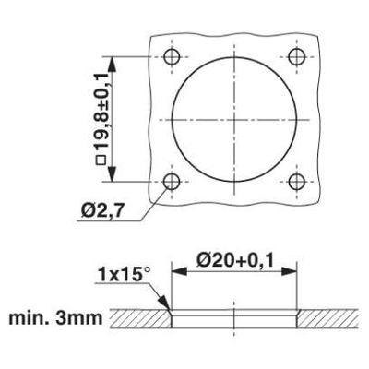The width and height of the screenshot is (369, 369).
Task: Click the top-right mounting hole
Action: (297, 56)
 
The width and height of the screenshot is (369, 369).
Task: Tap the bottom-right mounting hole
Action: (297, 183)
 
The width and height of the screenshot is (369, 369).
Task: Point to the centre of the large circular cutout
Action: (233, 120)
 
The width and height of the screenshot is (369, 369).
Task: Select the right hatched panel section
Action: (327, 319)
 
